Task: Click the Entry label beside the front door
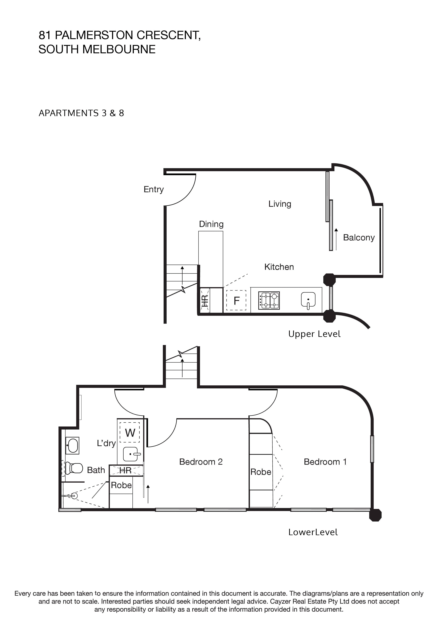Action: (x=154, y=190)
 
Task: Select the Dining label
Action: (x=211, y=224)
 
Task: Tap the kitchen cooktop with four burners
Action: (x=269, y=300)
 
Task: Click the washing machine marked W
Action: (x=130, y=433)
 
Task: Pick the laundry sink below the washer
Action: (x=131, y=454)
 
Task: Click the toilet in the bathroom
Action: (x=74, y=468)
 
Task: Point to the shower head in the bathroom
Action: (x=74, y=496)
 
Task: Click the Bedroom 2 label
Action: (x=201, y=462)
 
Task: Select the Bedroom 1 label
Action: (x=325, y=462)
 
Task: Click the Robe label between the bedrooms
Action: (x=260, y=472)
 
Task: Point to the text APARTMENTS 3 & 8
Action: (x=81, y=113)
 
